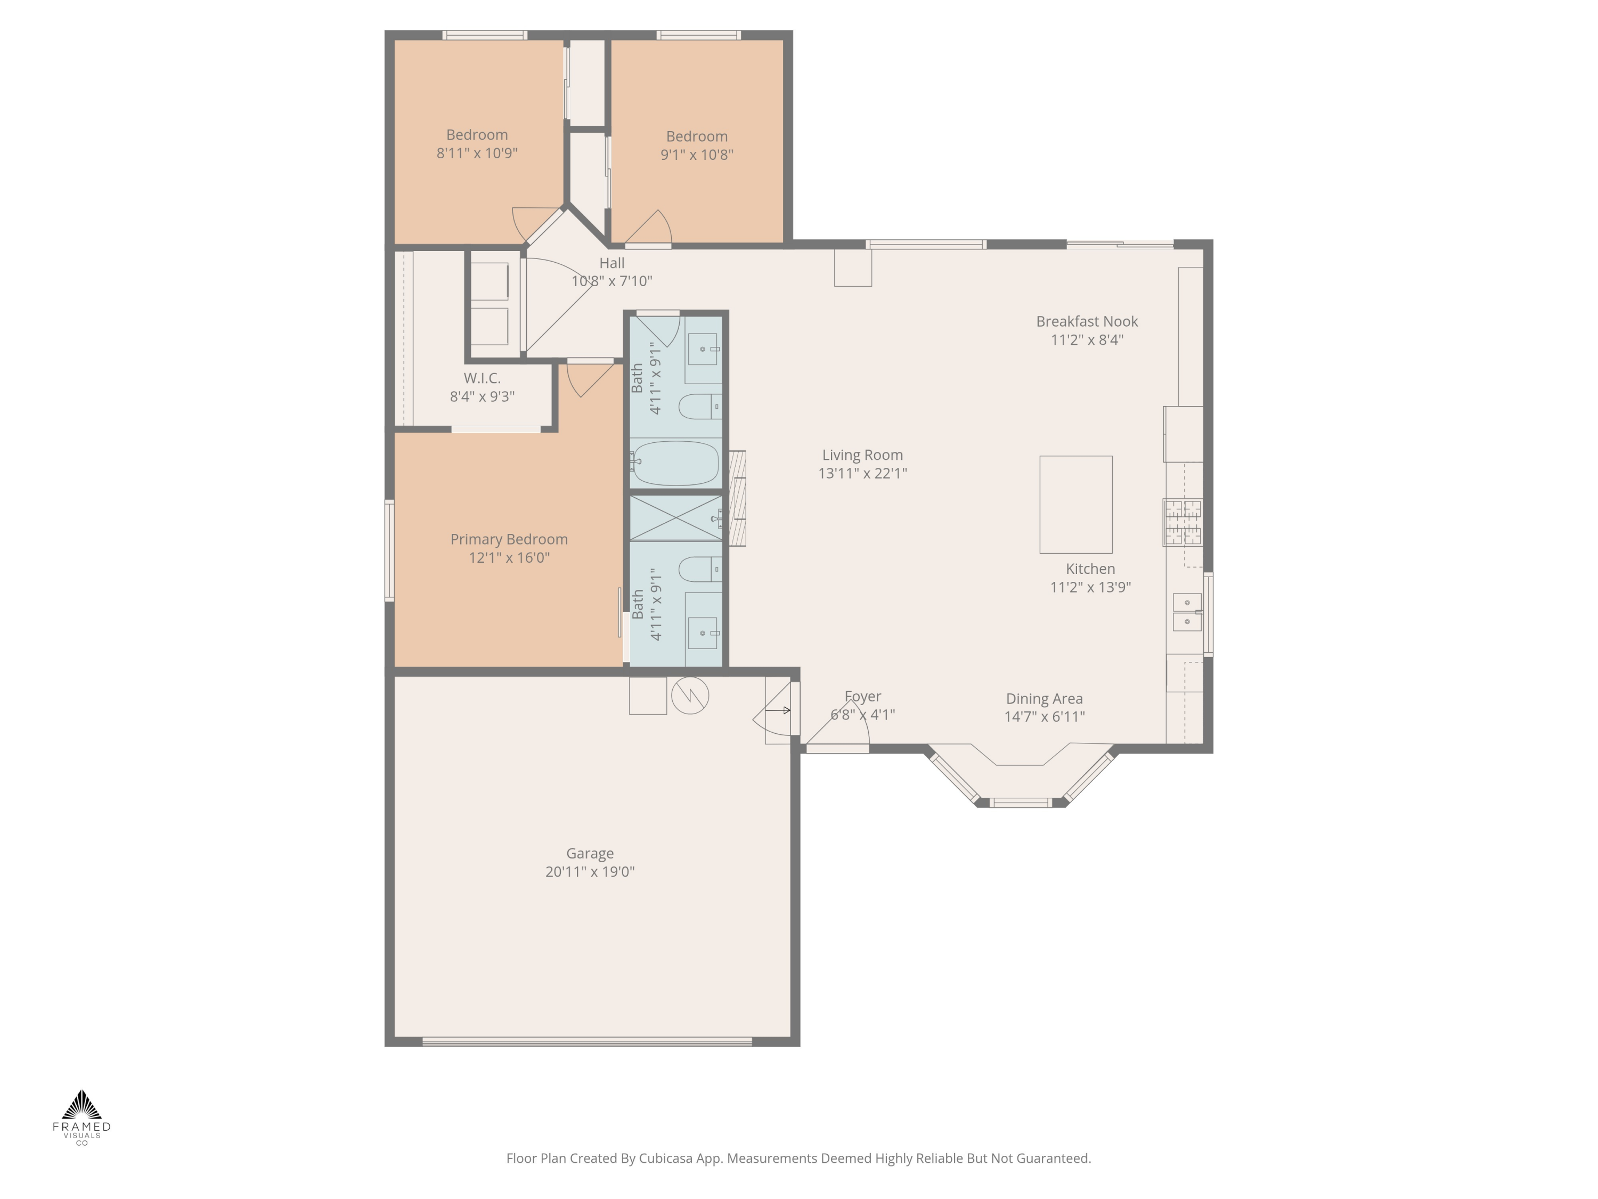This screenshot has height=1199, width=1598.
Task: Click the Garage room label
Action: tap(590, 854)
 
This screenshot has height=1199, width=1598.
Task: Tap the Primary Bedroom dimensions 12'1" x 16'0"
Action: tap(509, 557)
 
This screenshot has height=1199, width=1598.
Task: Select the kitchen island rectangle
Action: tap(1075, 505)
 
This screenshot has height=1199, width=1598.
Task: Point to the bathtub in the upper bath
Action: tap(675, 463)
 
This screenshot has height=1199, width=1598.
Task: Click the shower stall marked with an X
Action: tap(675, 517)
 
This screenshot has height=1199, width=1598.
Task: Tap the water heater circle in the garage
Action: tap(690, 695)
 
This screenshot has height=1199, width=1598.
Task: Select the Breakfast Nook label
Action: tap(1087, 322)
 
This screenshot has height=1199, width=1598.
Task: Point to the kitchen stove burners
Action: tap(1183, 522)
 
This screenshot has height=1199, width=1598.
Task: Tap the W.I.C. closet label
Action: tap(482, 378)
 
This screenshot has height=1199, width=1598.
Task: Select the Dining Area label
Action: tap(1044, 699)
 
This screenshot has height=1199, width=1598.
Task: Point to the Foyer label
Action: tap(862, 696)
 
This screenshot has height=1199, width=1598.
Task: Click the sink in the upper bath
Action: tap(702, 350)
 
